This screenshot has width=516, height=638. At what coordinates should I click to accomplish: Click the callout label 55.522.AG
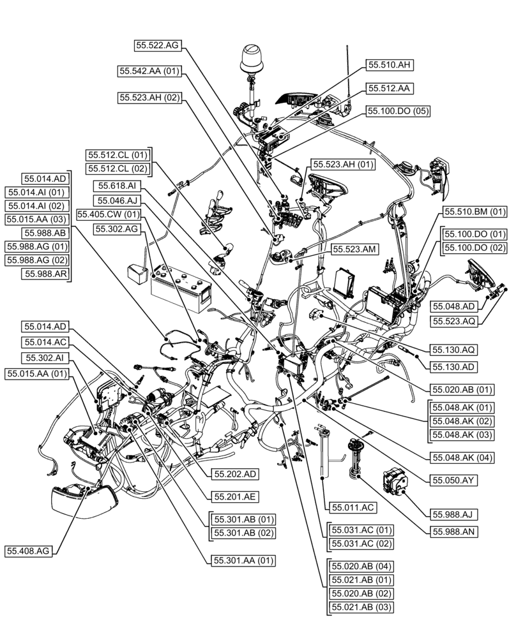click(158, 45)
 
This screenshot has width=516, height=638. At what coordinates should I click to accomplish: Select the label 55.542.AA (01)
click(149, 71)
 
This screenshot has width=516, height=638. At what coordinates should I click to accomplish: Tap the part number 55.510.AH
click(389, 64)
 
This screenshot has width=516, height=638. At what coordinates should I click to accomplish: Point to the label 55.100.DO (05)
click(397, 111)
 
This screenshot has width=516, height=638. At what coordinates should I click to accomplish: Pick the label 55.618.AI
click(118, 186)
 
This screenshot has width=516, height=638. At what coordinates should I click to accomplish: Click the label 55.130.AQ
click(453, 350)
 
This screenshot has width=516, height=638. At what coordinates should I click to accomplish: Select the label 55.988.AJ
click(455, 514)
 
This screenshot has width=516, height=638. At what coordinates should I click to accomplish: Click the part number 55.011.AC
click(352, 507)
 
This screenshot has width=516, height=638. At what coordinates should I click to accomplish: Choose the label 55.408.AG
click(29, 551)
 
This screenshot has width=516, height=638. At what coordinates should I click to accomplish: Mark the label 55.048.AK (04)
click(460, 457)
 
